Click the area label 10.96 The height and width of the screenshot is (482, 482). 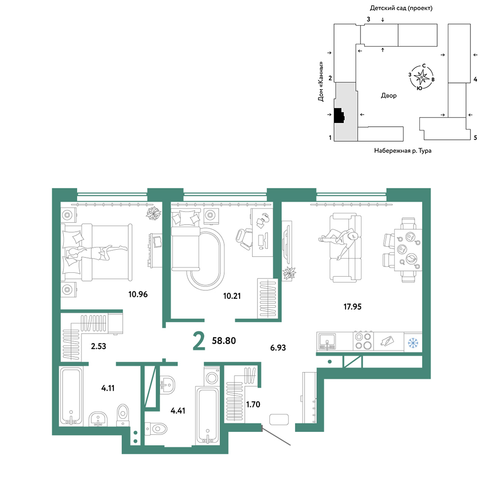point(138,294)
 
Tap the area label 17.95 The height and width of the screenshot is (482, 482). point(352,307)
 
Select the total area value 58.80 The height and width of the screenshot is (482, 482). point(224,341)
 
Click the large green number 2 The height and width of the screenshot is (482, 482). point(199,341)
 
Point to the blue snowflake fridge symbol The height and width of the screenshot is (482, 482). point(413,342)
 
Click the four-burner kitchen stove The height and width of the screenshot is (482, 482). point(363,341)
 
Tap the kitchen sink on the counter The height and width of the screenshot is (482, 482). point(327,342)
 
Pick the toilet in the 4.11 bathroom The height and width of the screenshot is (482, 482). point(123,415)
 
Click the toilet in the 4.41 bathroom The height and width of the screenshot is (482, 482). point(156,428)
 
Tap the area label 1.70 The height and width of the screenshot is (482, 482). point(253,404)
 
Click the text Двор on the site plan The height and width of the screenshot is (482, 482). point(388,95)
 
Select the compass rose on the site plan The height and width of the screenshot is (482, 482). point(421,77)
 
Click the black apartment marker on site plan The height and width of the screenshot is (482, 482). point(339,116)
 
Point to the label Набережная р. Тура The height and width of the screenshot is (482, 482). point(402,150)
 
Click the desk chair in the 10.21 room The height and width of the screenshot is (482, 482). point(244,238)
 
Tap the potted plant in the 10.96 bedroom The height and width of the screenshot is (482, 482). point(153,214)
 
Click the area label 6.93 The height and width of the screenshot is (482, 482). point(278,348)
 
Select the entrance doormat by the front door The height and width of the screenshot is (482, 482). point(279,419)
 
